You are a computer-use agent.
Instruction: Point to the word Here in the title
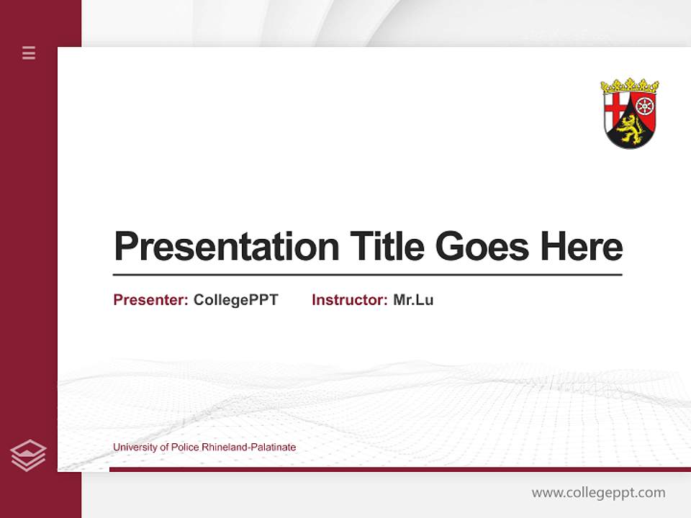pyautogui.click(x=582, y=247)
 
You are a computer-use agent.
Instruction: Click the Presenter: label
pyautogui.click(x=150, y=300)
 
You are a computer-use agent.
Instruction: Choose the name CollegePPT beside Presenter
pyautogui.click(x=235, y=300)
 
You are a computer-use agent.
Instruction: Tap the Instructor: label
pyautogui.click(x=349, y=300)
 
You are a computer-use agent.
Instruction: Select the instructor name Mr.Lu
pyautogui.click(x=413, y=300)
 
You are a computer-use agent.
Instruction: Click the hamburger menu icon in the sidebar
pyautogui.click(x=29, y=53)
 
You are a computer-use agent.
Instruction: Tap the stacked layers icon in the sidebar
pyautogui.click(x=29, y=455)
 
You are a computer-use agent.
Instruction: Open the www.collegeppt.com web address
pyautogui.click(x=598, y=493)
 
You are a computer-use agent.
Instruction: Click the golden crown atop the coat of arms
pyautogui.click(x=630, y=86)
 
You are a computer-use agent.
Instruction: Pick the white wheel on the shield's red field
pyautogui.click(x=645, y=105)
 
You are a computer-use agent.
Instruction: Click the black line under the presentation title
pyautogui.click(x=367, y=275)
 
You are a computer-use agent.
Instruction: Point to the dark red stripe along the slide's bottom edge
pyautogui.click(x=399, y=469)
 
